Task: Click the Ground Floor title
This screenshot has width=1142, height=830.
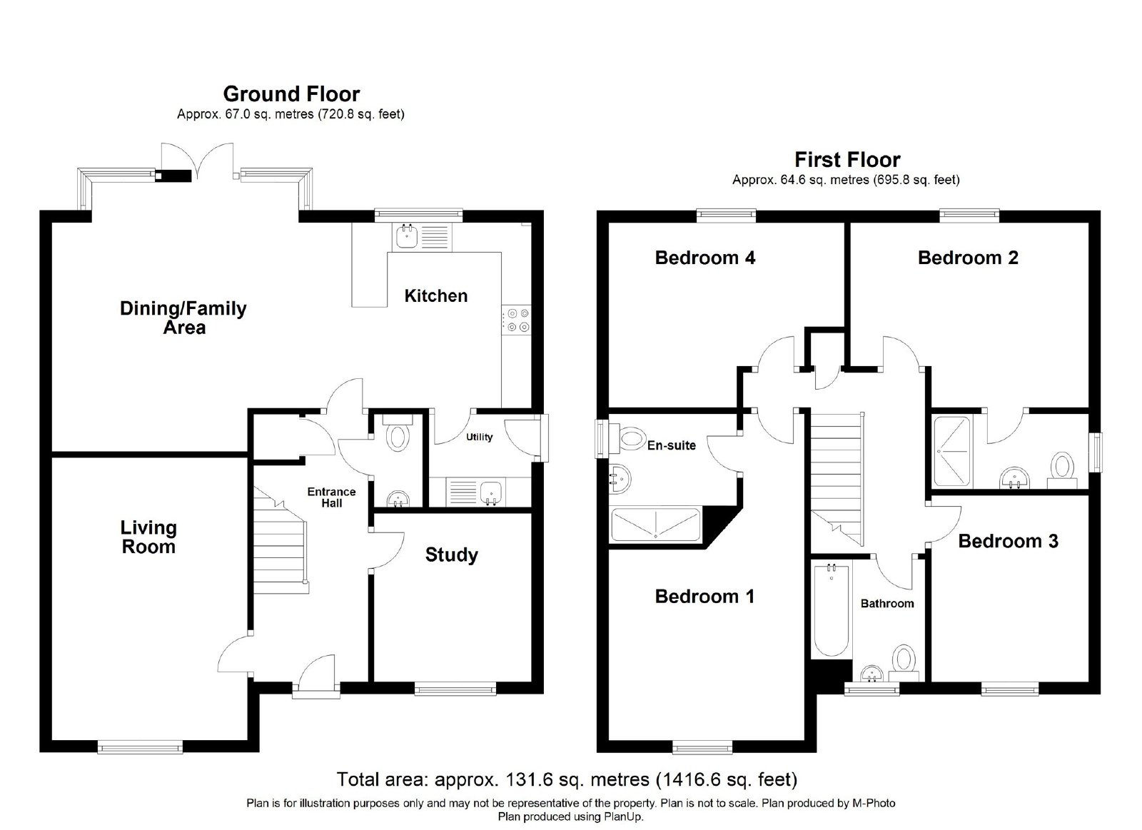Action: coord(292,94)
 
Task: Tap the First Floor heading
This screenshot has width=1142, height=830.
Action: coord(847,160)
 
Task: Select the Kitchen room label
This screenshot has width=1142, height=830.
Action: coord(436,295)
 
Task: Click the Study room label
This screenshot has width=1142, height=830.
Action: coord(452,555)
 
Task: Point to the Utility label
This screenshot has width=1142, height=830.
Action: coord(479,437)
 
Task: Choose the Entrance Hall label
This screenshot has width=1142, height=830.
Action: coord(331,497)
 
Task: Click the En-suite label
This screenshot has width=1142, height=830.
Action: coord(672,445)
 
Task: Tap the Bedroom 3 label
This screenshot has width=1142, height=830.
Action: coord(1009,541)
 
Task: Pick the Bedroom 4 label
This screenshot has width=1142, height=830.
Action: coord(705,258)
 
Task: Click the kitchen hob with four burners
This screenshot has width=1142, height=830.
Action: coord(517,320)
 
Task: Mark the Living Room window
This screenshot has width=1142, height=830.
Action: coord(140,748)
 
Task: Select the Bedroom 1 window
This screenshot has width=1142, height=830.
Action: coord(702,748)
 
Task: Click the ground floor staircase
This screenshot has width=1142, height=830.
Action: coord(281,540)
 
